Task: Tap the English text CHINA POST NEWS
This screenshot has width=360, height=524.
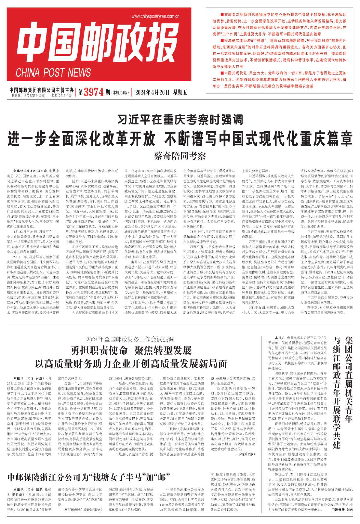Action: [x=53, y=73]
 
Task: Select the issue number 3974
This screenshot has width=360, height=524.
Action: [x=94, y=92]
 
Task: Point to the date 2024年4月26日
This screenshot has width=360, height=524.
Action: [x=150, y=92]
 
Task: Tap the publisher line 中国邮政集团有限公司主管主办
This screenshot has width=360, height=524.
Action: [x=41, y=90]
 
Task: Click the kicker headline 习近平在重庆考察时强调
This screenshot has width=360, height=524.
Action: [x=180, y=120]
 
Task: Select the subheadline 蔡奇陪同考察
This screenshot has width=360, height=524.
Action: [x=180, y=156]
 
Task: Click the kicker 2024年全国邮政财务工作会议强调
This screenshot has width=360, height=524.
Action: [x=130, y=340]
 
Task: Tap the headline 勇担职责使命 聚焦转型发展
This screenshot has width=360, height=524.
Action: [x=131, y=350]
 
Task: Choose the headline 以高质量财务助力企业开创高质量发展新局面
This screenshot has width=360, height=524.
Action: [x=131, y=364]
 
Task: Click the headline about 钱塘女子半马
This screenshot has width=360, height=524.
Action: [x=89, y=477]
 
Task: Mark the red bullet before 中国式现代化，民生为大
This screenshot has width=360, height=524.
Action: [x=222, y=73]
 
